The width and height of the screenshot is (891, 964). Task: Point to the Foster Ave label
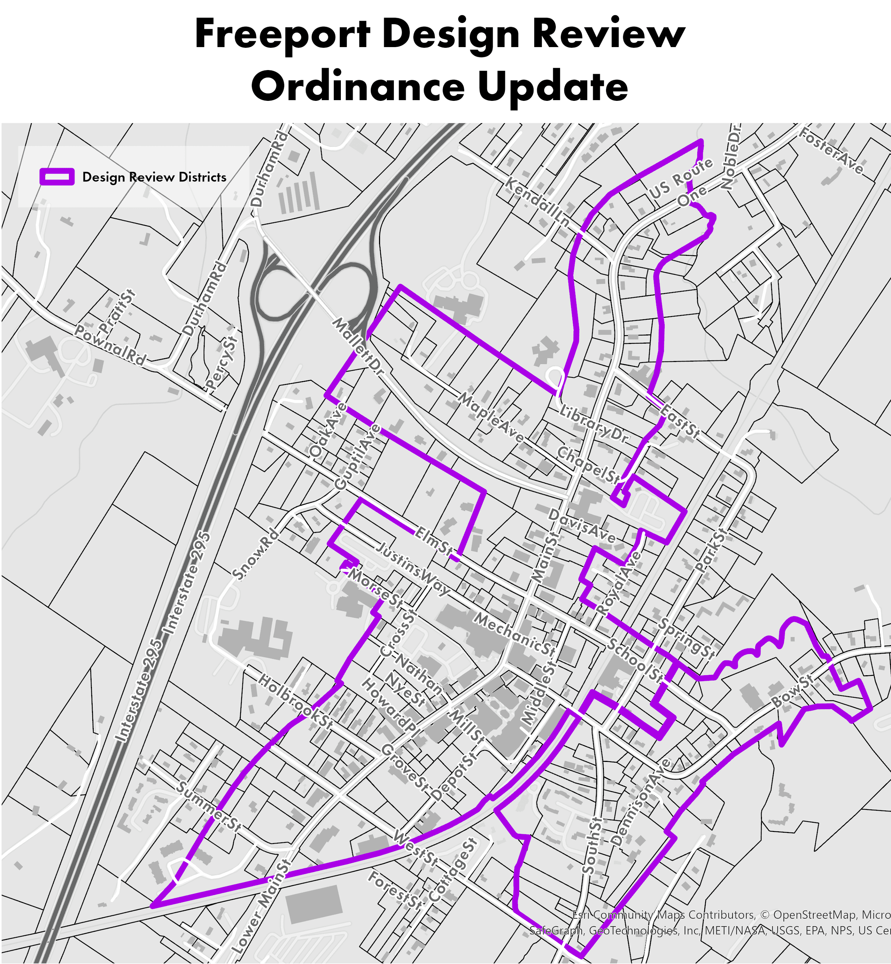pyautogui.click(x=831, y=150)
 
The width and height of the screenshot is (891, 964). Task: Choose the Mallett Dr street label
pyautogui.click(x=358, y=346)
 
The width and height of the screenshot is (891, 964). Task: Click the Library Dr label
pyautogui.click(x=594, y=424)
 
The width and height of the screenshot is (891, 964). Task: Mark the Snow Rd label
pyautogui.click(x=256, y=554)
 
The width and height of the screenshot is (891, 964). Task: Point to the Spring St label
pyautogui.click(x=686, y=638)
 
